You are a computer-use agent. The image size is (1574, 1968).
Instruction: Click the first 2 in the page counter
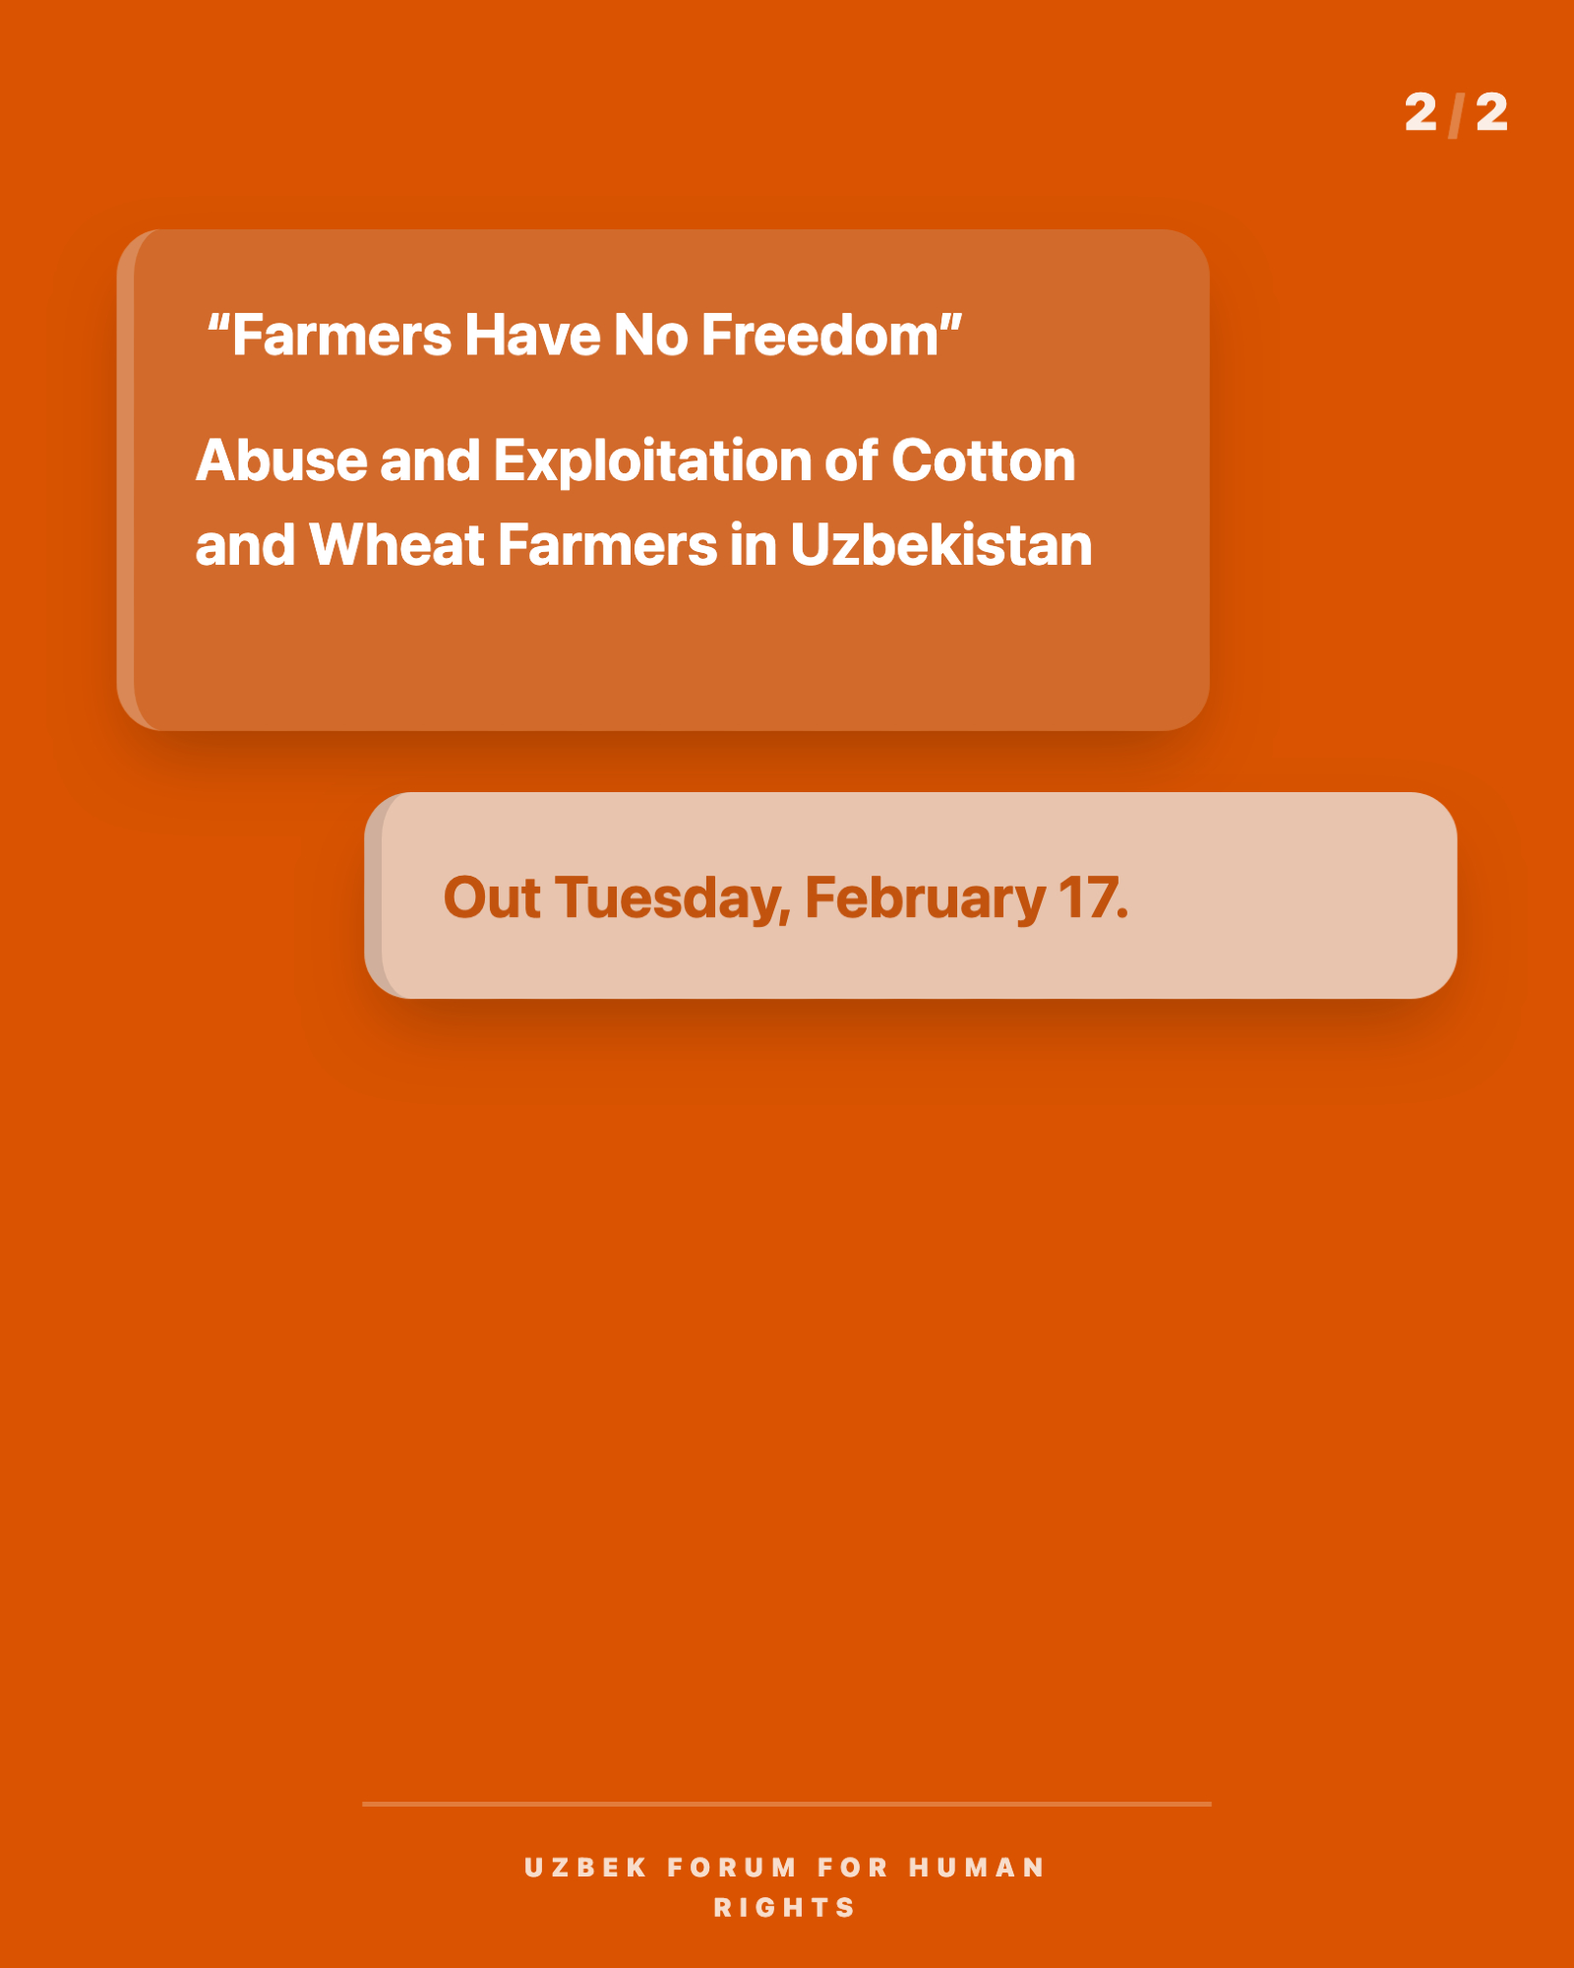pyautogui.click(x=1421, y=112)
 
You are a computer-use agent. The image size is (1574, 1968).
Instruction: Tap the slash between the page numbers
pyautogui.click(x=1456, y=114)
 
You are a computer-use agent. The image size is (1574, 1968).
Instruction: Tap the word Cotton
pyautogui.click(x=983, y=461)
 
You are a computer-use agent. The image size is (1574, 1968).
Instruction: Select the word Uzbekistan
pyautogui.click(x=941, y=545)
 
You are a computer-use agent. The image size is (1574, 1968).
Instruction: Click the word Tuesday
pyautogui.click(x=673, y=898)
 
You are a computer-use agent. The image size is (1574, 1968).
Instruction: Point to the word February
pyautogui.click(x=925, y=900)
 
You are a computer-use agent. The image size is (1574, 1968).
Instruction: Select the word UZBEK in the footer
pyautogui.click(x=585, y=1868)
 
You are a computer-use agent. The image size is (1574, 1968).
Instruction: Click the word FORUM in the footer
pyautogui.click(x=732, y=1868)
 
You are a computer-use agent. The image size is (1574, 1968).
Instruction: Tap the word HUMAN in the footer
pyautogui.click(x=976, y=1868)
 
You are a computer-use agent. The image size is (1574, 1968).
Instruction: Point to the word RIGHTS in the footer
pyautogui.click(x=784, y=1908)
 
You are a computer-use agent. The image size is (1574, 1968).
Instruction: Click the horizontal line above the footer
pyautogui.click(x=787, y=1804)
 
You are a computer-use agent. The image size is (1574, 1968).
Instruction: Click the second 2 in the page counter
pyautogui.click(x=1491, y=112)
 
